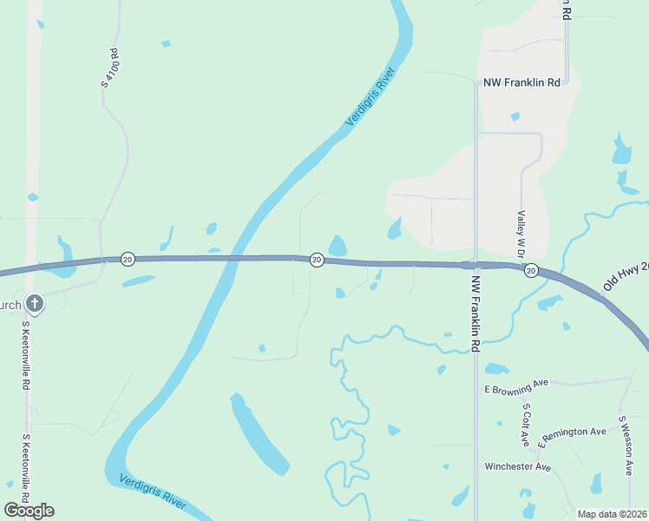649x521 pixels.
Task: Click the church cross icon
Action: [34, 304]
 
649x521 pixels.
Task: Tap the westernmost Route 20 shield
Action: [128, 259]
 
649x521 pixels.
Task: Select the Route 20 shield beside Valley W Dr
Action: [530, 270]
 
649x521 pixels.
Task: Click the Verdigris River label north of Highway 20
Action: [370, 96]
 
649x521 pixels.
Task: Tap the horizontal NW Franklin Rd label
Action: [520, 82]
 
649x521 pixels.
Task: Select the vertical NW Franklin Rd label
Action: [475, 314]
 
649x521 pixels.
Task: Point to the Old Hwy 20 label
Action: [626, 276]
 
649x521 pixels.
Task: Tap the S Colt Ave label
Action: [526, 425]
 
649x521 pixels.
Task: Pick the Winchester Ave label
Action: [518, 467]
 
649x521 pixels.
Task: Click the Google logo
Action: [29, 510]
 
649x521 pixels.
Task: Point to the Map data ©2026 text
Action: [611, 514]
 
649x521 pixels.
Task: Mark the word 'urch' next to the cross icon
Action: [10, 305]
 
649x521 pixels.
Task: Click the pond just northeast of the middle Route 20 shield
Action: [338, 246]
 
